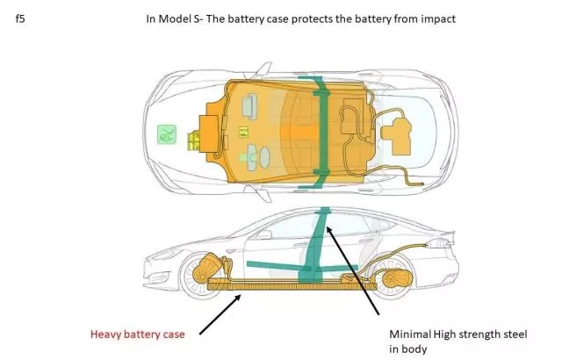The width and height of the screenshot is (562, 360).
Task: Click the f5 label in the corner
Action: click(20, 18)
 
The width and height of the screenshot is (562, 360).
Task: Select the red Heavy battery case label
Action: click(138, 335)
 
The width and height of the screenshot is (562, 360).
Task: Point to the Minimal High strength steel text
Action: click(458, 335)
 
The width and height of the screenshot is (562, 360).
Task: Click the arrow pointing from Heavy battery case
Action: click(220, 314)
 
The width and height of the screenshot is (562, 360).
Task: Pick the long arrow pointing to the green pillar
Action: click(352, 270)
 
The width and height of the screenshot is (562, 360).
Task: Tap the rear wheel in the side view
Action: click(393, 277)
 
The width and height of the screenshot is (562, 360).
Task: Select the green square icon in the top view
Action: click(167, 134)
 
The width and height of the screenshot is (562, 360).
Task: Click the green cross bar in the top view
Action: click(321, 133)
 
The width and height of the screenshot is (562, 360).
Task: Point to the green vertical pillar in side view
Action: click(314, 246)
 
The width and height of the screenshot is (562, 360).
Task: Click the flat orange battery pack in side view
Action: click(292, 285)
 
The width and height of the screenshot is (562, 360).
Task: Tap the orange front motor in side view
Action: click(208, 268)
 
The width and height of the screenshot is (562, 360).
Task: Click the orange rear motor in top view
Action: click(397, 136)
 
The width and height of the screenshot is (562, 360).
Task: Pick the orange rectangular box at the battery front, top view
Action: click(209, 133)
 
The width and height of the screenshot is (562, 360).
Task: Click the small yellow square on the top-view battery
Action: click(243, 132)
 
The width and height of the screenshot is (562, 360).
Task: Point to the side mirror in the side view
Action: click(263, 234)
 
